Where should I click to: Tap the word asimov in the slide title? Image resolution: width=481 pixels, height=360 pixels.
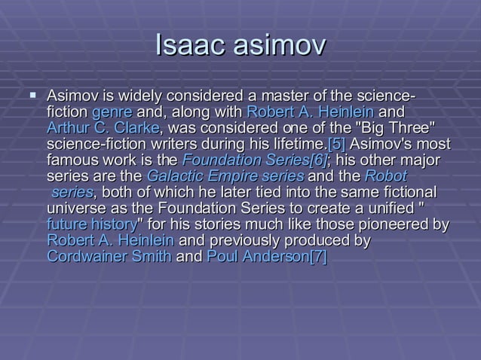pyautogui.click(x=276, y=46)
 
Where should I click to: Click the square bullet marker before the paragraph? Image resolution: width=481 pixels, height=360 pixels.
pyautogui.click(x=32, y=96)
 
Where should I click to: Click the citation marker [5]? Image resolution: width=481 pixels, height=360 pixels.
pyautogui.click(x=337, y=144)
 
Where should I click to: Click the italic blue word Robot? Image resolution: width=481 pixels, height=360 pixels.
pyautogui.click(x=386, y=176)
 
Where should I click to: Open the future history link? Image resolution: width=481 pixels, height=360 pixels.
pyautogui.click(x=90, y=224)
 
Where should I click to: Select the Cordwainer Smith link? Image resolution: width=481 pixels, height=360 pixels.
pyautogui.click(x=109, y=257)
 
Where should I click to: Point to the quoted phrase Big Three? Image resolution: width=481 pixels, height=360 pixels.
pyautogui.click(x=397, y=128)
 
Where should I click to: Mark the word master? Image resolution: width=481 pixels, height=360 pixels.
pyautogui.click(x=280, y=96)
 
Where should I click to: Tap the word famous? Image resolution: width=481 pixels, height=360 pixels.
pyautogui.click(x=72, y=160)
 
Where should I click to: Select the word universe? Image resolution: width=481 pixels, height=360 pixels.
pyautogui.click(x=76, y=208)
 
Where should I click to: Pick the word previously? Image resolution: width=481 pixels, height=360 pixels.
pyautogui.click(x=244, y=240)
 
